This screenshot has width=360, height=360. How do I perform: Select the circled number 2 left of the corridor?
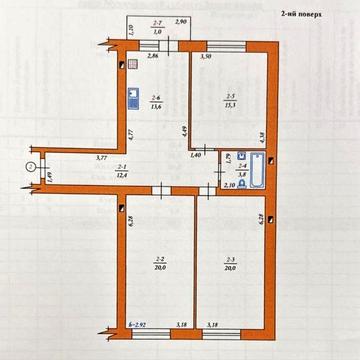pyautogui.click(x=31, y=166)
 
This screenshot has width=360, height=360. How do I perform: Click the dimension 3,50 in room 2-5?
pyautogui.click(x=206, y=57)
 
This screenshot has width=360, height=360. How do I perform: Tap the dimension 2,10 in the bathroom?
pyautogui.click(x=229, y=187)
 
